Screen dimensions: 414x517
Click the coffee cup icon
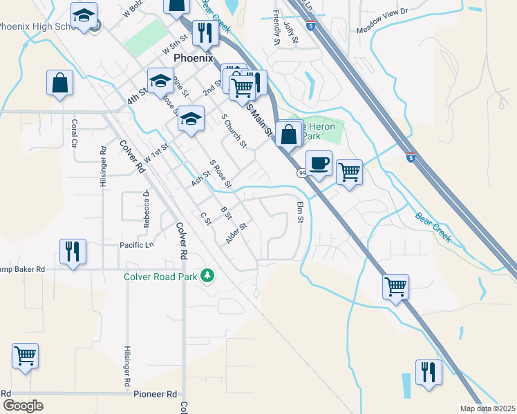318,164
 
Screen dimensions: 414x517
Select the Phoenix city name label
194,58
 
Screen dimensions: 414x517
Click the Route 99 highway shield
302,173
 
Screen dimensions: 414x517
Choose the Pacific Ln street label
136,245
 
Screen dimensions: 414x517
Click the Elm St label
300,213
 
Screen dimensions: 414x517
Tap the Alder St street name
236,233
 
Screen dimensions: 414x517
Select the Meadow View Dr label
382,30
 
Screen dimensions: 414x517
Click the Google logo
23,406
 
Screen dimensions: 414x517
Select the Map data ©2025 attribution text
487,408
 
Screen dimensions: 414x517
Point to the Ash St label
200,180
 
